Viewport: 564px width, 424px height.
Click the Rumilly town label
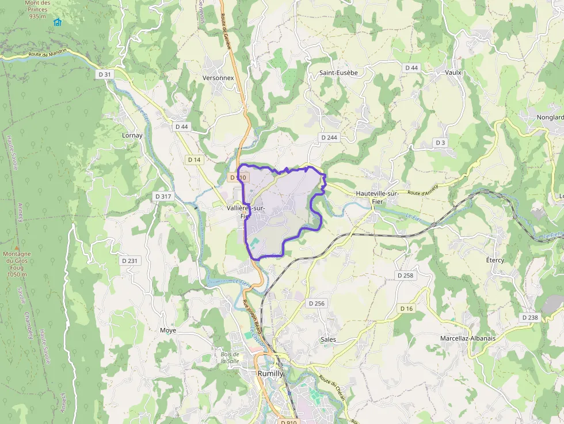tap(270, 373)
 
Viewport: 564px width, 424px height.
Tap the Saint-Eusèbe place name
tap(338, 72)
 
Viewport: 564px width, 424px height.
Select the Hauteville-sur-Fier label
tap(378, 194)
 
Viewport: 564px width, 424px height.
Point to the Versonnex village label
tap(218, 77)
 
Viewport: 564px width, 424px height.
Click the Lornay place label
tap(132, 135)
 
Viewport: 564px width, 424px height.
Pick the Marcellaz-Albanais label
tap(467, 338)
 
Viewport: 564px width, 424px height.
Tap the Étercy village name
tap(495, 261)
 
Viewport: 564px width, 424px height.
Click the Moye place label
tap(169, 330)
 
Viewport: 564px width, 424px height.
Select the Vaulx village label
tap(454, 72)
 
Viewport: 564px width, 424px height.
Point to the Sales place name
tap(328, 339)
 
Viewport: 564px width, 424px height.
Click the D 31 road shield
tap(104, 74)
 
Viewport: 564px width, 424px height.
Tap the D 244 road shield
tap(329, 137)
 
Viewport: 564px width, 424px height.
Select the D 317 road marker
tap(163, 196)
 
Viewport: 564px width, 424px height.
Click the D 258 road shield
tap(405, 276)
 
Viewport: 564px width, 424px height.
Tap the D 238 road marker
tap(529, 317)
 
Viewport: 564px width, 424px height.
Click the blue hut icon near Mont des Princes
tap(57, 22)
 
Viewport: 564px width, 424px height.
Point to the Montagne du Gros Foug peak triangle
tap(17, 247)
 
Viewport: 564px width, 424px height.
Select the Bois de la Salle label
tap(230, 358)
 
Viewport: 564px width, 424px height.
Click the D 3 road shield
tap(440, 142)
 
